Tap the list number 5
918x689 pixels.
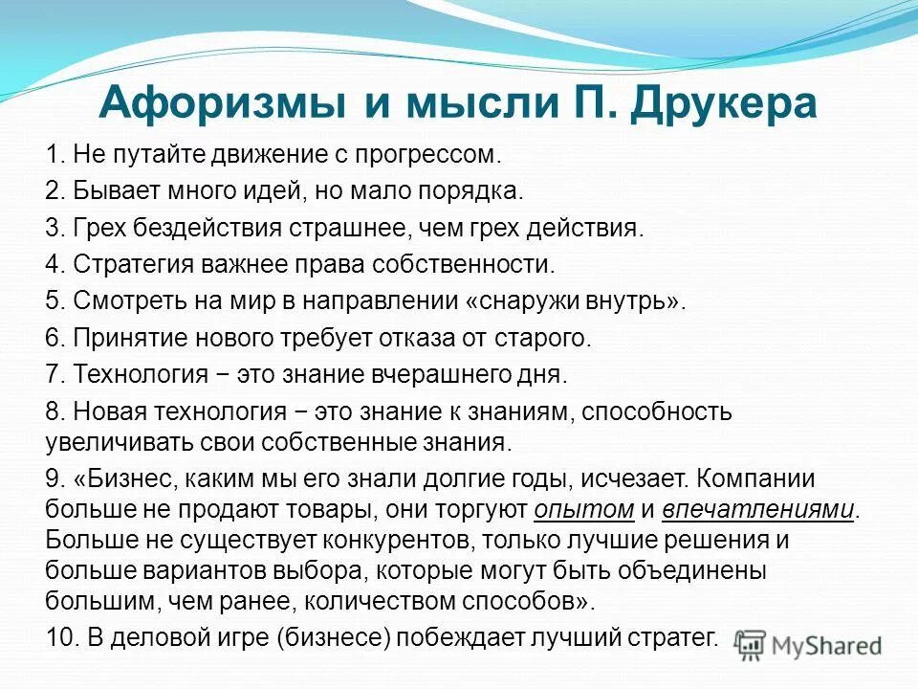[54, 300]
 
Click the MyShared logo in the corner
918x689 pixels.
[810, 646]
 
